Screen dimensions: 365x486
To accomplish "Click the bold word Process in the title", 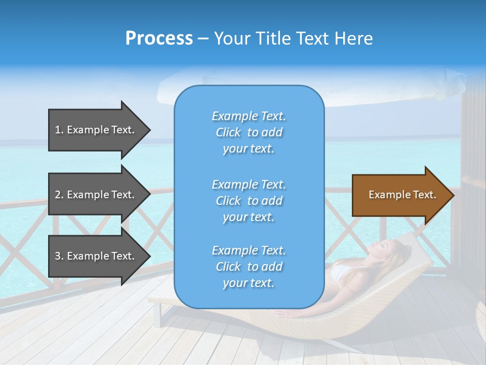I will [x=159, y=39].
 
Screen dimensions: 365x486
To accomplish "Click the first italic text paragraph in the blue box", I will [x=249, y=132].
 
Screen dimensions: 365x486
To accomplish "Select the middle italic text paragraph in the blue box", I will [x=249, y=201].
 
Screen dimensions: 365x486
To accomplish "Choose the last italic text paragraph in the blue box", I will [x=249, y=267].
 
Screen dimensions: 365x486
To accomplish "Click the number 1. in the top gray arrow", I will [x=59, y=130].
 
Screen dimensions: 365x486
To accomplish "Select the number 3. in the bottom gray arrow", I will [x=59, y=256].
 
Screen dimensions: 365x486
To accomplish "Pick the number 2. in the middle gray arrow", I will [x=59, y=195].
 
